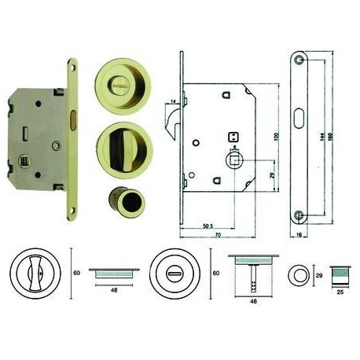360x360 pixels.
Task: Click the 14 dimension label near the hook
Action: pyautogui.click(x=172, y=101)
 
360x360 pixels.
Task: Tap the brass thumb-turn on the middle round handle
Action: pyautogui.click(x=120, y=147)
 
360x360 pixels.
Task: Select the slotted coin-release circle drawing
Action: pyautogui.click(x=180, y=277)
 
